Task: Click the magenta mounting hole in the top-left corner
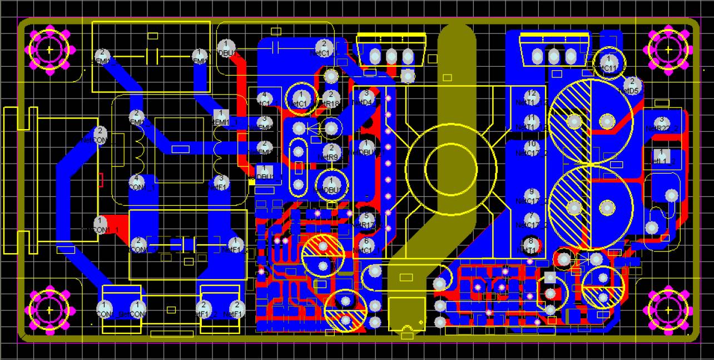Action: pyautogui.click(x=49, y=50)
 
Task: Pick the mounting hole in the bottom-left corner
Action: pyautogui.click(x=49, y=308)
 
